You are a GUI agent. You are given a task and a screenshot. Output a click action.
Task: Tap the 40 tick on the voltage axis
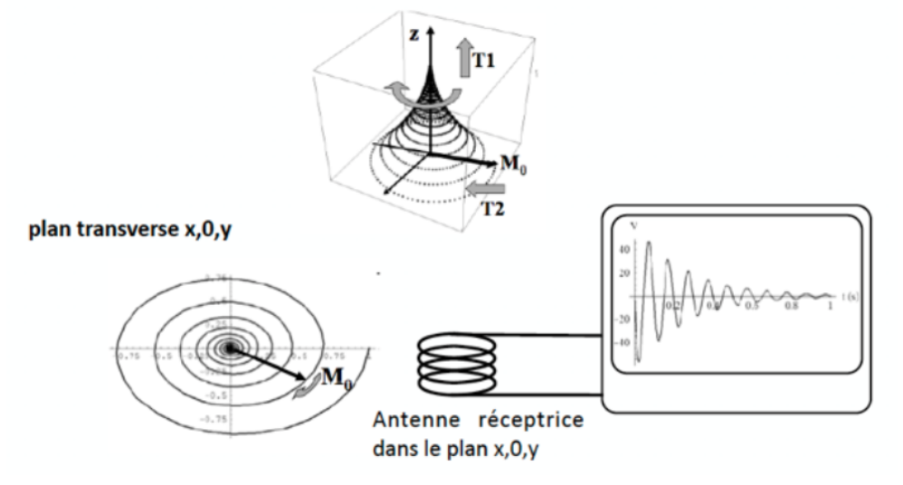[x=623, y=248]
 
